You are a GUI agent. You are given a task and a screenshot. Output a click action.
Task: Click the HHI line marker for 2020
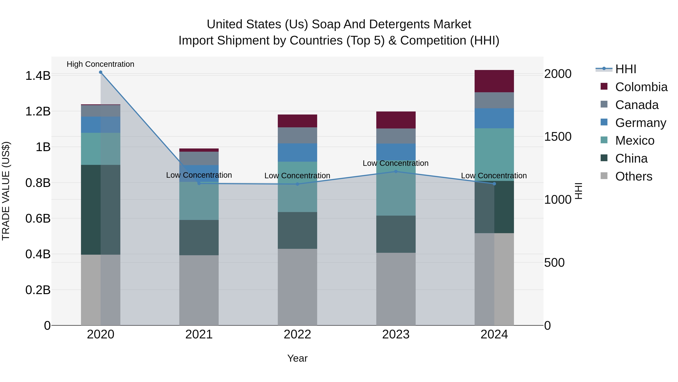tap(101, 72)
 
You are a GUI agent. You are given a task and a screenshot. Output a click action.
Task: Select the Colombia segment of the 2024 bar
tap(494, 81)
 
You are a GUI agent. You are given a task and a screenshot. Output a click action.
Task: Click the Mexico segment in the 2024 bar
tap(494, 154)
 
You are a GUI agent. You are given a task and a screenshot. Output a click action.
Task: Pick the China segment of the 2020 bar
tap(101, 210)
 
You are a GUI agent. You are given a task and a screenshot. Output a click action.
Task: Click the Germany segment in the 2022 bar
tap(297, 152)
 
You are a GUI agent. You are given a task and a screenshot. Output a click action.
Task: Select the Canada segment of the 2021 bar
tap(199, 158)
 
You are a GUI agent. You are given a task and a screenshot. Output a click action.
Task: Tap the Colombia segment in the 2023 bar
tap(395, 120)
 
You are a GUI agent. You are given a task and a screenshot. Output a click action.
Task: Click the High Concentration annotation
tap(101, 64)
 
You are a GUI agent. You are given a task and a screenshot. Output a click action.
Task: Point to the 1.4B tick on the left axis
tap(38, 76)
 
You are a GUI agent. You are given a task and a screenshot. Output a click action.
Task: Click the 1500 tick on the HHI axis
tap(558, 137)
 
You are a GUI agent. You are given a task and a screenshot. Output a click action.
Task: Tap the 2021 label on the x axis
tap(199, 334)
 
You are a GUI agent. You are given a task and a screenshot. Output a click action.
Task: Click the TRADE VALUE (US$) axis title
tap(6, 191)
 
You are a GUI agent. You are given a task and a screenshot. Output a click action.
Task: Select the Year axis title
tap(297, 358)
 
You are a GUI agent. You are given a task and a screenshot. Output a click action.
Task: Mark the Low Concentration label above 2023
tap(395, 163)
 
